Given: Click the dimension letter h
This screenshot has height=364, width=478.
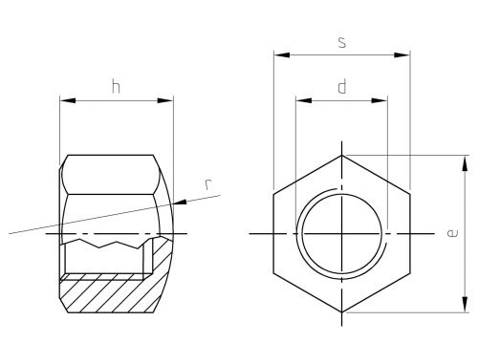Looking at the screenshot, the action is (x=116, y=87).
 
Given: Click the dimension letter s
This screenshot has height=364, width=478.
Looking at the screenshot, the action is (x=341, y=42).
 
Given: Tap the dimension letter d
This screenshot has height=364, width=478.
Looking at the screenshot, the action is (x=341, y=87).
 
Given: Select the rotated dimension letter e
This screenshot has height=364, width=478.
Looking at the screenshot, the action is (x=452, y=233).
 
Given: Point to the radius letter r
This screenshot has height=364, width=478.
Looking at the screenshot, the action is (x=208, y=184).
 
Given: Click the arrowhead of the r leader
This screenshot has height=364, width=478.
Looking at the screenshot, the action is (x=180, y=203).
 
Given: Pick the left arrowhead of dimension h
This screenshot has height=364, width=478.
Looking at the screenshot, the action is (x=68, y=100).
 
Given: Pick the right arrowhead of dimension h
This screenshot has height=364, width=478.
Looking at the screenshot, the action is (x=165, y=100).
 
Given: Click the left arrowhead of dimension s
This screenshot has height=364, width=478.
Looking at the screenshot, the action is (x=282, y=55).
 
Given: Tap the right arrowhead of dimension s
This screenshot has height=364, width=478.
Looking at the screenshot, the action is (x=402, y=55).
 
